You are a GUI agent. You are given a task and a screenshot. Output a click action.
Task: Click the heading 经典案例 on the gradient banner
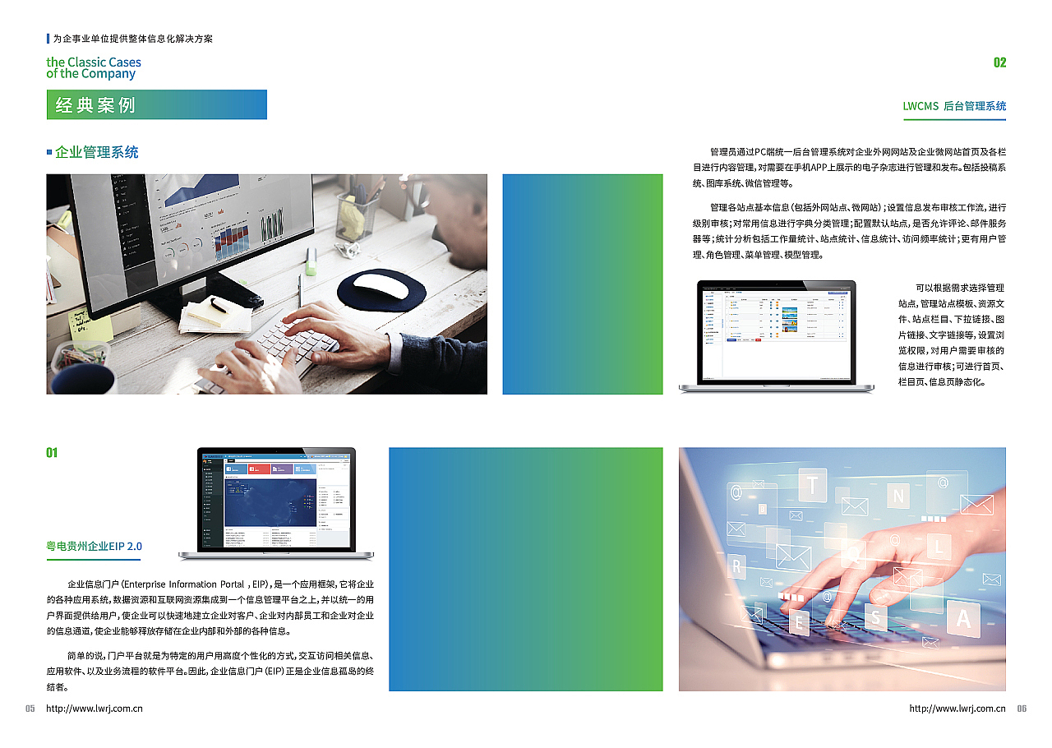95,105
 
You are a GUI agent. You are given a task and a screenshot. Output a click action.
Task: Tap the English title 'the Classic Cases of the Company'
93,67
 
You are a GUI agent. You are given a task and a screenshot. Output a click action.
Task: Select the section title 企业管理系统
96,152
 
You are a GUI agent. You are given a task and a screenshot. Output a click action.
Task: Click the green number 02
999,62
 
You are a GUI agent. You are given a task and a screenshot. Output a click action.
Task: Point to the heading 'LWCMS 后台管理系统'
953,106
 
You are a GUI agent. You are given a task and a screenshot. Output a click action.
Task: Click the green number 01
52,453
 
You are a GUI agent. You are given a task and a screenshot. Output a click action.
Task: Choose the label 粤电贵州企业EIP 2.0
94,546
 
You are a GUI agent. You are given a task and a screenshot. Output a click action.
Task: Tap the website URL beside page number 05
95,709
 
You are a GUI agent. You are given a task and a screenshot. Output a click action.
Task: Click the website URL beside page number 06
957,709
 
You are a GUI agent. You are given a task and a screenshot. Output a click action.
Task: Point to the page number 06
1022,709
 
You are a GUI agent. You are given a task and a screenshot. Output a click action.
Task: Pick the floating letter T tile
812,485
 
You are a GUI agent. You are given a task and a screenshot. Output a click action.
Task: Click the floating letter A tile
963,618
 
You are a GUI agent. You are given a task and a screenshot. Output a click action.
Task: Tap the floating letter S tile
876,617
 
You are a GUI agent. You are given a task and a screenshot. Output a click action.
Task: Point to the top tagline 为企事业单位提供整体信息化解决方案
132,39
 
